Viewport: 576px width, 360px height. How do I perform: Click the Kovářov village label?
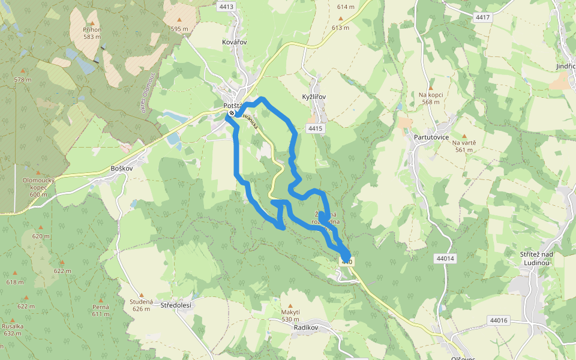tap(234, 43)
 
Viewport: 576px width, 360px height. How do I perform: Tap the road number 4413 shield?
tap(227, 7)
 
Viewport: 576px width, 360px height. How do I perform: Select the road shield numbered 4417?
tap(482, 17)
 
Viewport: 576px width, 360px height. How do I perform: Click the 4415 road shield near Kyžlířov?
tap(315, 128)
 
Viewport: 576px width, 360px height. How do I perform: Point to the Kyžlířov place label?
tap(313, 97)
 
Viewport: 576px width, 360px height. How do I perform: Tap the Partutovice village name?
tap(431, 137)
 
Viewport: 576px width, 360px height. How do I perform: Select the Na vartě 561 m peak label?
tap(464, 146)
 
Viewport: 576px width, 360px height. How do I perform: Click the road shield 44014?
tap(445, 258)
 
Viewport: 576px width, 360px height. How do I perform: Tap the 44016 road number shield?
tap(498, 320)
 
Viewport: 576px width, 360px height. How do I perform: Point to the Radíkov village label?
tap(305, 328)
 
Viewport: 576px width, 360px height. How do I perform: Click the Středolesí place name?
tap(176, 305)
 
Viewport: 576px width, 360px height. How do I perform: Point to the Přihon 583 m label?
tap(92, 33)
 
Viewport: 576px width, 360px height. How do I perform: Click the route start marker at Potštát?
tap(232, 112)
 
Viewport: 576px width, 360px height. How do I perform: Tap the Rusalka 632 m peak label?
tap(12, 329)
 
